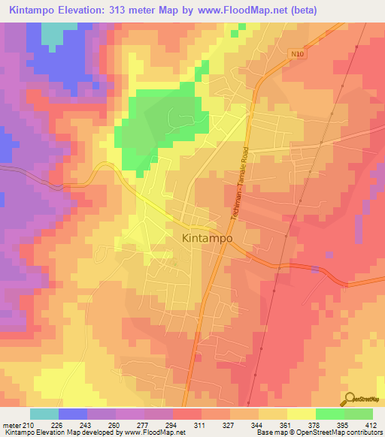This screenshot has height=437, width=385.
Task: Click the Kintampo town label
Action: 207,237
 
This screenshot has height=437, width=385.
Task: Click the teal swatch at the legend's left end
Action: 44,414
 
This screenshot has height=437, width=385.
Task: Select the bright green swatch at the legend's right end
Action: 359,414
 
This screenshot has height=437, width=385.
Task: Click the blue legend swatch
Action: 73,414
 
